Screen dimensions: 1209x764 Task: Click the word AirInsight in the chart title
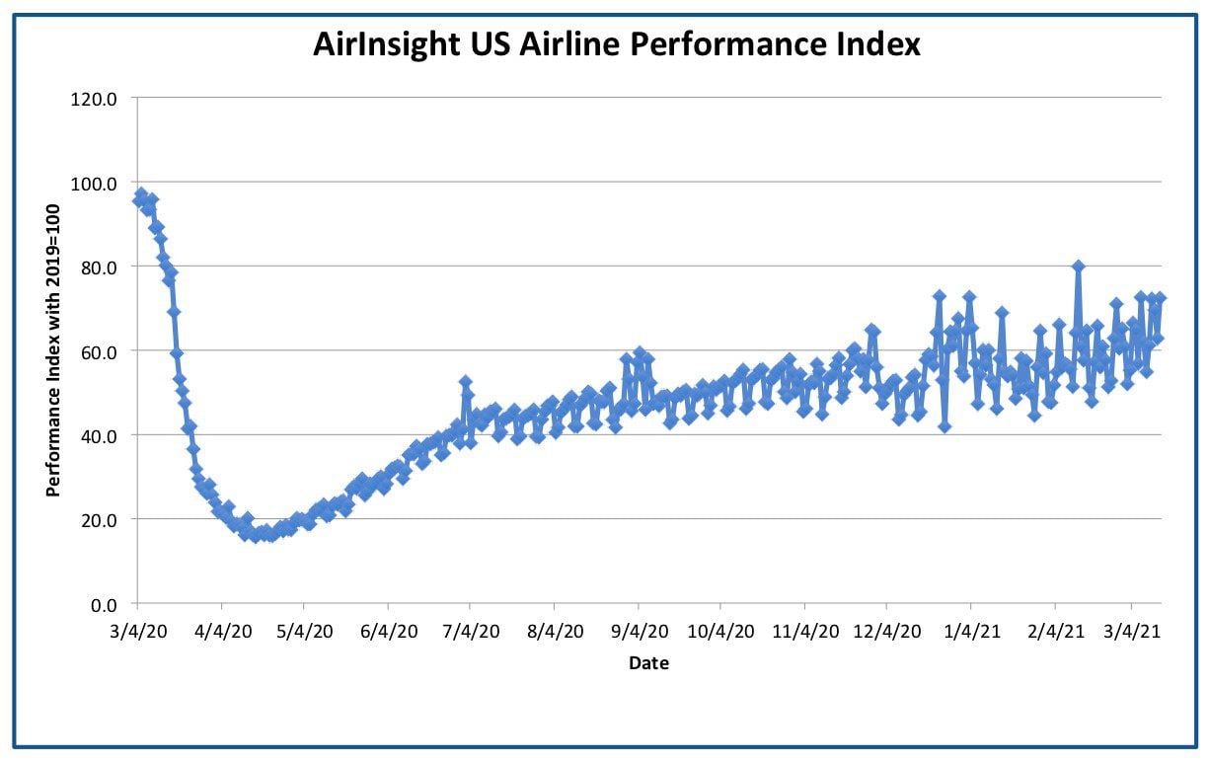(x=386, y=45)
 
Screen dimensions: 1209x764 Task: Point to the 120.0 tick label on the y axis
(x=94, y=100)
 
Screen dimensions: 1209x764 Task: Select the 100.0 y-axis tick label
(x=94, y=184)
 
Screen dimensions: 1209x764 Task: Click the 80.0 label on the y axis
(x=99, y=267)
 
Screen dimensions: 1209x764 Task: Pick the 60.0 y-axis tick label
(x=99, y=352)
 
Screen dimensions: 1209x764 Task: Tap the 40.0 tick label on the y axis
(x=99, y=436)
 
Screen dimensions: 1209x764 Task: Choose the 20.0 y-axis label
(x=99, y=520)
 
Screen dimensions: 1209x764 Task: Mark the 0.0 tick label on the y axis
(x=104, y=605)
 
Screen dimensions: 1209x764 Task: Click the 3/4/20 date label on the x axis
(x=138, y=631)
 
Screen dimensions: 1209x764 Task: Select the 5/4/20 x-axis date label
(x=304, y=631)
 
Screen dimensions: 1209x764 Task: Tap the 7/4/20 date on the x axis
(x=471, y=631)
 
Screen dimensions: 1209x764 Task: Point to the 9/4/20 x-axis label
(x=640, y=631)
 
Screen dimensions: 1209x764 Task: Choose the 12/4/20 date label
(x=886, y=631)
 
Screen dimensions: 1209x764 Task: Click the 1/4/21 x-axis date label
(x=971, y=631)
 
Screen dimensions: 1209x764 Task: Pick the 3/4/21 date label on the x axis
(x=1132, y=631)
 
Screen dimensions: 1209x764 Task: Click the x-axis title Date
(x=648, y=663)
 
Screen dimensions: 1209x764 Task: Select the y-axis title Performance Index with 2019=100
(x=52, y=350)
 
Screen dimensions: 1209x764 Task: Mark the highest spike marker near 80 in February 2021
(x=1079, y=267)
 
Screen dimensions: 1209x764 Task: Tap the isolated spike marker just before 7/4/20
(x=466, y=382)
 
